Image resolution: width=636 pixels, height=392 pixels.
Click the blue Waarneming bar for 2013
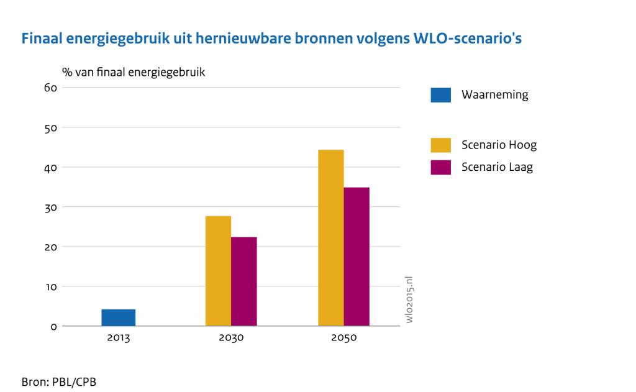click(x=119, y=317)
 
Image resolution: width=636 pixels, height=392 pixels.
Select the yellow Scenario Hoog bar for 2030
click(x=218, y=271)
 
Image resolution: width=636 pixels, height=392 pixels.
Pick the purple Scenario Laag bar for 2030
click(x=244, y=281)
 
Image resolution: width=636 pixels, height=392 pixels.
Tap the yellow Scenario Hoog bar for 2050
click(x=331, y=238)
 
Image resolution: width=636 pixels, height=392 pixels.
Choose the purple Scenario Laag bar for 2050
click(x=357, y=257)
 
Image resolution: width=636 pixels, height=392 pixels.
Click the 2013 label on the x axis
click(x=119, y=339)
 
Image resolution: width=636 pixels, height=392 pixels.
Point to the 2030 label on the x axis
click(x=231, y=339)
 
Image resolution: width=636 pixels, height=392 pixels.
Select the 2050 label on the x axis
click(x=344, y=339)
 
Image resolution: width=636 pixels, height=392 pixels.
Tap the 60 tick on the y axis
click(x=51, y=88)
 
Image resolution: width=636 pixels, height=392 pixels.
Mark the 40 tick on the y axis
click(x=51, y=167)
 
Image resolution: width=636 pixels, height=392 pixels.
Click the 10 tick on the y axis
click(x=51, y=286)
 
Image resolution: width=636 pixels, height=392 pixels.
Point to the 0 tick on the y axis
click(x=54, y=326)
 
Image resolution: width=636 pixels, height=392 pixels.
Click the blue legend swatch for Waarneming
click(x=440, y=95)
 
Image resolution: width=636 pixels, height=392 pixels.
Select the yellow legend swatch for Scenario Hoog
click(x=440, y=145)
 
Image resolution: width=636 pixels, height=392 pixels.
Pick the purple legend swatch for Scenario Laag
click(x=440, y=167)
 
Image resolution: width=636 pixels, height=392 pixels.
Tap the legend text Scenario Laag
click(x=497, y=167)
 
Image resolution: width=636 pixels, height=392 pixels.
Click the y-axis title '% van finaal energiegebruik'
click(x=133, y=72)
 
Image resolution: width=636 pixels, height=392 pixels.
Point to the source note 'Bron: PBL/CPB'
click(x=58, y=380)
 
